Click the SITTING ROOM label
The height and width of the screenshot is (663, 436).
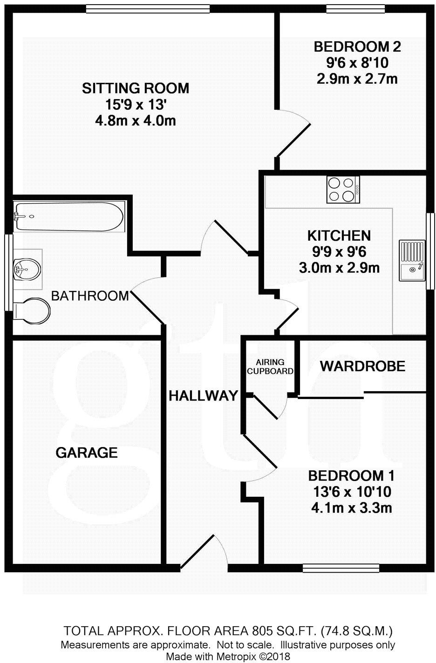(x=136, y=88)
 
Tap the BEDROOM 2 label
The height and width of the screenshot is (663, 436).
(x=357, y=47)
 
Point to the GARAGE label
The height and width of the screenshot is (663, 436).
(x=87, y=452)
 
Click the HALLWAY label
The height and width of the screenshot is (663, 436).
(x=203, y=396)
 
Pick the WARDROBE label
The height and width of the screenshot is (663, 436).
(x=362, y=366)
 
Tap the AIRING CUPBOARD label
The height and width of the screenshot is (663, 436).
(x=270, y=366)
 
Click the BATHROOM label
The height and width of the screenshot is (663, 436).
(x=89, y=295)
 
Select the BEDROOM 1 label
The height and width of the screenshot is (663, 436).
(x=351, y=476)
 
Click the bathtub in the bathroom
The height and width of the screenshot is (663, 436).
(x=69, y=216)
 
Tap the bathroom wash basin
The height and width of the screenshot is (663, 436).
(x=27, y=269)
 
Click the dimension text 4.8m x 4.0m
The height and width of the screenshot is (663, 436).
(x=136, y=121)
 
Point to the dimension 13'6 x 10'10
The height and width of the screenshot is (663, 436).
(x=351, y=492)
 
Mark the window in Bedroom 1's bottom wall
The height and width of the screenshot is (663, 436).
(x=341, y=568)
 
